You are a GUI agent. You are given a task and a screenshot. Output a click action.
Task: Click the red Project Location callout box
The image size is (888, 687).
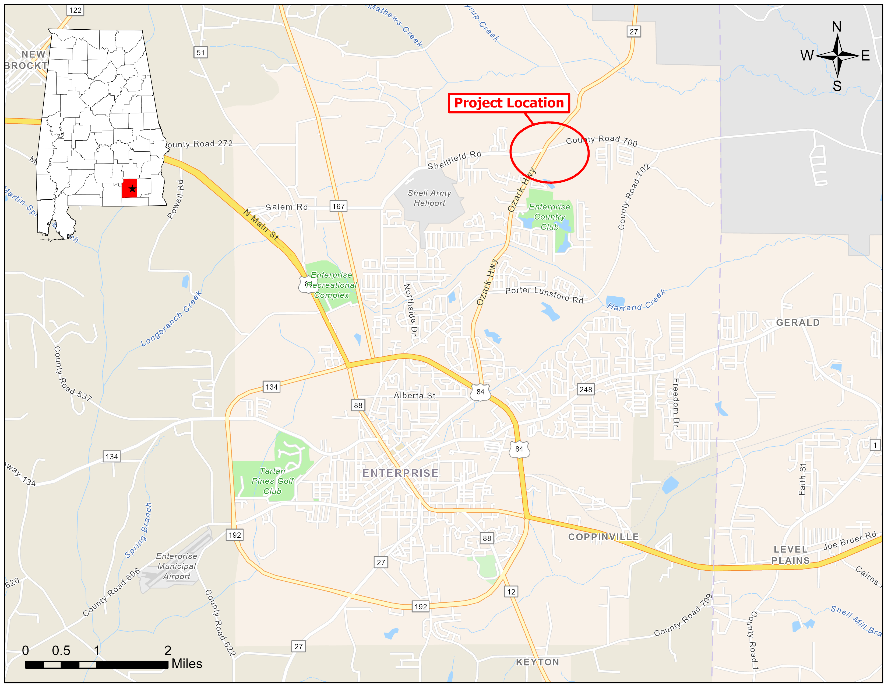point(509,103)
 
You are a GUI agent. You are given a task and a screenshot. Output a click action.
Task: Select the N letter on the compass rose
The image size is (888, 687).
point(836,27)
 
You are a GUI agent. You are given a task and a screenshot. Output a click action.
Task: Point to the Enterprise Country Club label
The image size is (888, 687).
point(549,217)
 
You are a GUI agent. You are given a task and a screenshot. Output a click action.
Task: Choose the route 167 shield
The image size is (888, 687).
point(338,206)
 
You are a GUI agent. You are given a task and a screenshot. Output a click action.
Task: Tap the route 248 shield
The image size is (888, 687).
point(586,390)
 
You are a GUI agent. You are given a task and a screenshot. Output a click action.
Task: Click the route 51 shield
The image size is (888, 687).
point(200,53)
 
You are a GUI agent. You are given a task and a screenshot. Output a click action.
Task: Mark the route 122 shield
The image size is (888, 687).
point(75,10)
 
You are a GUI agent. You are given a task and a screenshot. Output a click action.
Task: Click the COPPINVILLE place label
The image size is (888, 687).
point(603,537)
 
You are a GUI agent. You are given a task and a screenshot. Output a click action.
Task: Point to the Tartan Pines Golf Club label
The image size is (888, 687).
point(272,481)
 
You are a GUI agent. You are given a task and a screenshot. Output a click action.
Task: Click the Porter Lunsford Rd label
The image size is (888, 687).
point(544,295)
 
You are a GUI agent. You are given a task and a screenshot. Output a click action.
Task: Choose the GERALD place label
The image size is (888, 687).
point(798,323)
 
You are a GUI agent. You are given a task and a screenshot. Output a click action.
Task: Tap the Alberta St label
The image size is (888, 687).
point(414,395)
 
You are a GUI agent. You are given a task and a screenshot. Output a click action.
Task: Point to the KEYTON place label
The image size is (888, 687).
point(538,662)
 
